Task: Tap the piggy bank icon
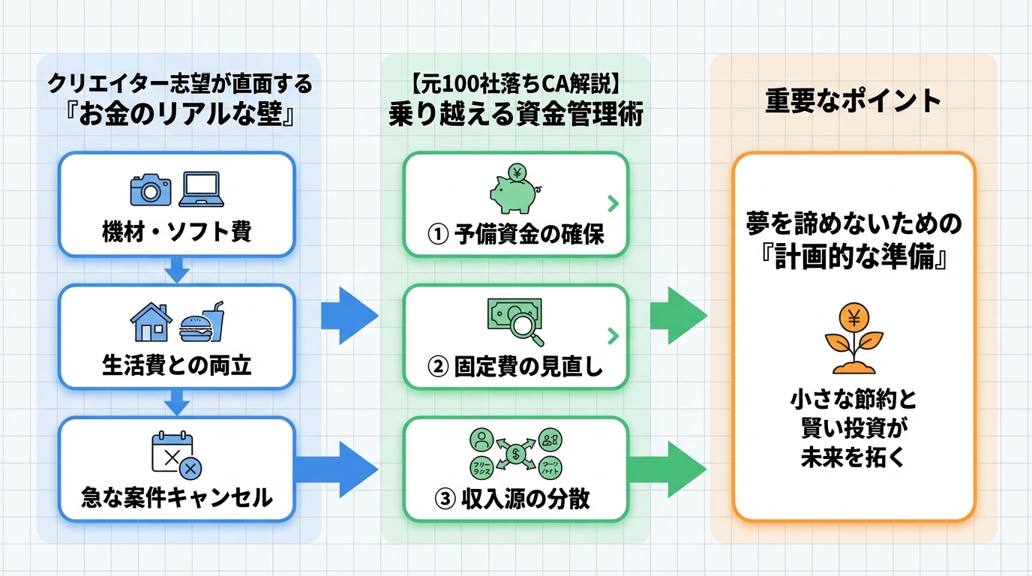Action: (x=514, y=191)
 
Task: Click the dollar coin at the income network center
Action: (x=516, y=453)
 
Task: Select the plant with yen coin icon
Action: (x=853, y=338)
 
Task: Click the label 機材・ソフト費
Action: (x=176, y=232)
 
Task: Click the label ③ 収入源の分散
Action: (x=515, y=498)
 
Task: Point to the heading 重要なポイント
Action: (x=853, y=101)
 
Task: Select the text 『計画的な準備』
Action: (x=853, y=256)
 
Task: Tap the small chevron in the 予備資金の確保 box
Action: (x=613, y=202)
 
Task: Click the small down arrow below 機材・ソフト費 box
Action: (x=176, y=270)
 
